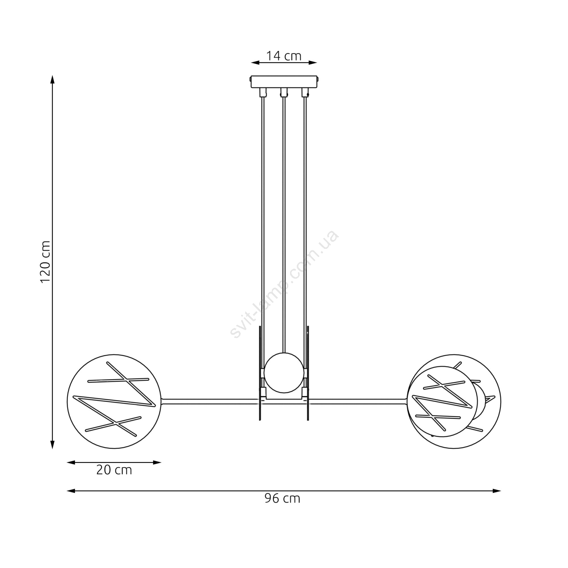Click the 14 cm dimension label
[x=284, y=56]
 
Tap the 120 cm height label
[x=45, y=262]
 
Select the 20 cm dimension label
[x=114, y=470]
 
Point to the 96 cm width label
[x=282, y=498]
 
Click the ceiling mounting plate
[x=284, y=82]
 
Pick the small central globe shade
[x=284, y=373]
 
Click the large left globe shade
[x=114, y=402]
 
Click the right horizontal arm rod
[x=358, y=402]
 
